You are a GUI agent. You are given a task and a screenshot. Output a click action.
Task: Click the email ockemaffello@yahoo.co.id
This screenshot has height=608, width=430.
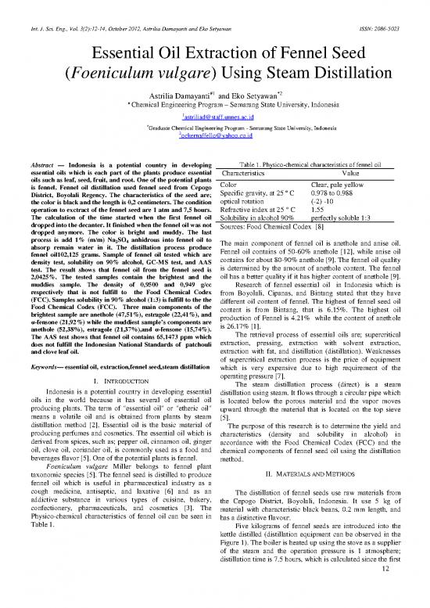point(215,135)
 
